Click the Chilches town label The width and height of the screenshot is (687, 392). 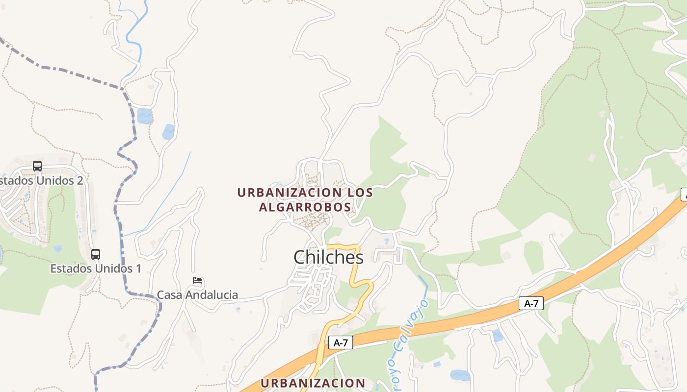click(x=328, y=257)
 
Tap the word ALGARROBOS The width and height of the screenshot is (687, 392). click(x=305, y=207)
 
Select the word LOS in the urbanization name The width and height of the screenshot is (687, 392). click(x=360, y=193)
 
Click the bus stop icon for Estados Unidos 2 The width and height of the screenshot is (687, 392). click(x=37, y=166)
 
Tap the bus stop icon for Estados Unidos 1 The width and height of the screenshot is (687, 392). click(x=96, y=254)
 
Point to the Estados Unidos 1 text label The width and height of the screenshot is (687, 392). click(x=96, y=269)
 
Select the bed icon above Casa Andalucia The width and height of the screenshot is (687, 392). click(x=197, y=281)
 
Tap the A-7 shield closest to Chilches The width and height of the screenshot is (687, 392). click(x=341, y=343)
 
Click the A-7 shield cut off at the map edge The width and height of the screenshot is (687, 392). click(x=684, y=194)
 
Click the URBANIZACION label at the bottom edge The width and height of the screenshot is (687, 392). click(x=313, y=383)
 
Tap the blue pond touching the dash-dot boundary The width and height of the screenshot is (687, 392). click(x=144, y=116)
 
